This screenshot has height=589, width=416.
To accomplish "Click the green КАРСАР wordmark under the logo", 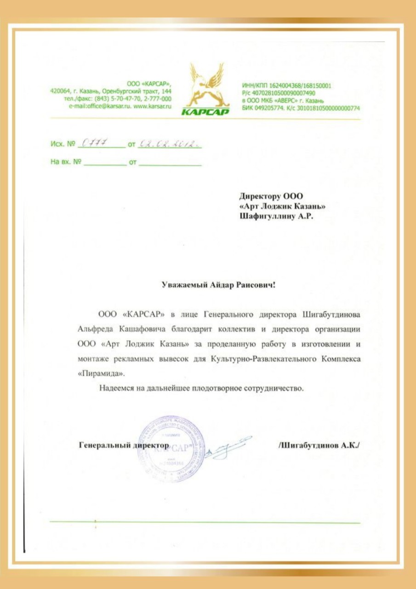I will coord(205,112).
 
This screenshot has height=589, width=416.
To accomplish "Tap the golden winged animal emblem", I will coord(206,85).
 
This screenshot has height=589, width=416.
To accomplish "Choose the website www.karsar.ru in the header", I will coord(153,106).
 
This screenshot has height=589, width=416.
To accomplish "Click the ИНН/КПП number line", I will coord(286,86).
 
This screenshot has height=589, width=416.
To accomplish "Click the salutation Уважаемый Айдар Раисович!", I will coord(218,285).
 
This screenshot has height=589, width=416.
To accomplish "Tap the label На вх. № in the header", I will coord(66,162).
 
